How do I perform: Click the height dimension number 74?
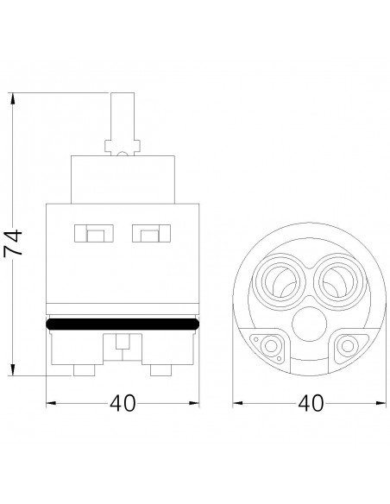coord(13,242)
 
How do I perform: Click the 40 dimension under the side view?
coord(123,403)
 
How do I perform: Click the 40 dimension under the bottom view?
coord(311,403)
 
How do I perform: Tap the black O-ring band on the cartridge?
coord(123,324)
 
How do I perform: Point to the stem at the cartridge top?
coord(123,123)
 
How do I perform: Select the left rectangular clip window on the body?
coord(93,233)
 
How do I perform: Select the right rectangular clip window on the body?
coord(151,233)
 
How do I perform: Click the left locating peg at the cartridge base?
coord(85,370)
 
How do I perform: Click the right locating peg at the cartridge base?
coord(161,370)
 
